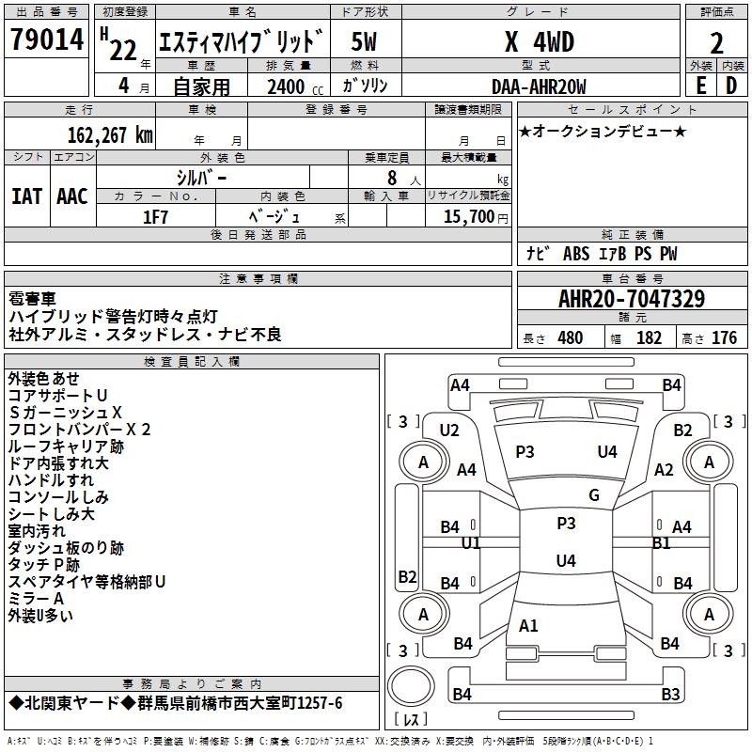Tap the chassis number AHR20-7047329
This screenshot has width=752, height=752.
pyautogui.click(x=632, y=300)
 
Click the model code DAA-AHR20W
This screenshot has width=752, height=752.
pyautogui.click(x=539, y=87)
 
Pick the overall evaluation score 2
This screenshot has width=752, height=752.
pyautogui.click(x=717, y=42)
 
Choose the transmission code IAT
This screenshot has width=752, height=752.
pyautogui.click(x=26, y=196)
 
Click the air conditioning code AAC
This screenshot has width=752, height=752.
pyautogui.click(x=71, y=196)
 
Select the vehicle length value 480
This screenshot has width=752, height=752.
pyautogui.click(x=570, y=338)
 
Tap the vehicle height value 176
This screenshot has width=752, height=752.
pyautogui.click(x=724, y=338)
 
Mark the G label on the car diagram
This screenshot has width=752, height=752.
pyautogui.click(x=594, y=495)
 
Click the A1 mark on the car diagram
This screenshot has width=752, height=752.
pyautogui.click(x=528, y=625)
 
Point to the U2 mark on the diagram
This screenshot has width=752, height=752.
pyautogui.click(x=449, y=431)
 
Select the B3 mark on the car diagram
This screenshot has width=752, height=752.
pyautogui.click(x=669, y=695)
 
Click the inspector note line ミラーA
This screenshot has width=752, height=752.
pyautogui.click(x=36, y=599)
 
